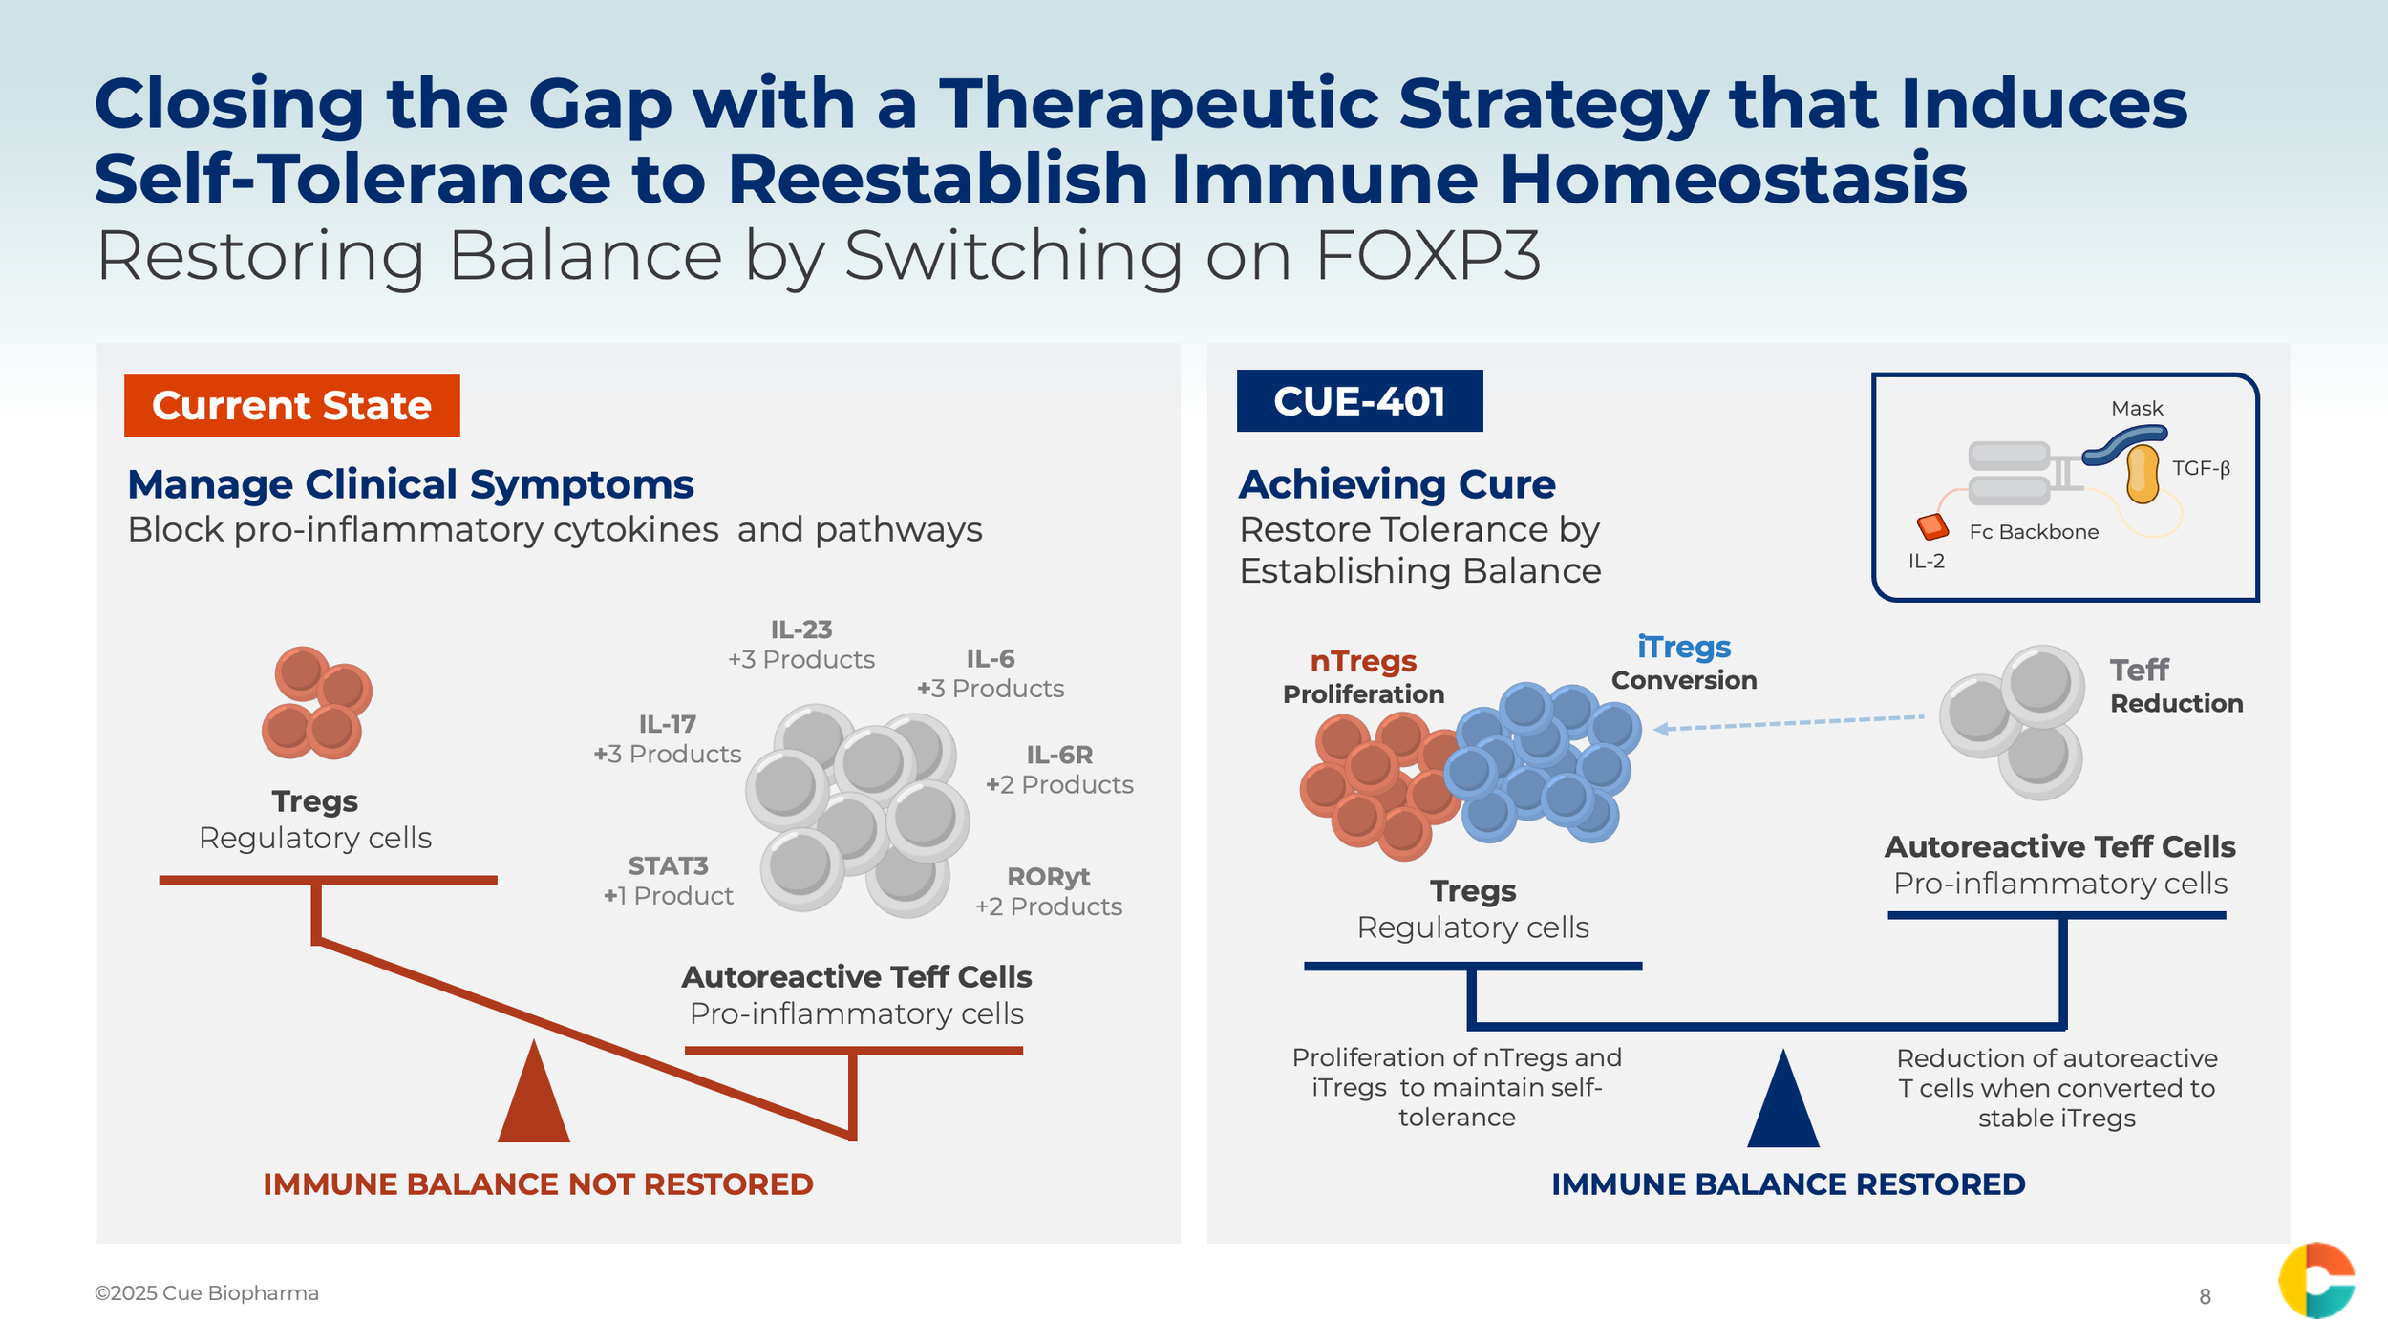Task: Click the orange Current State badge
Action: tap(291, 405)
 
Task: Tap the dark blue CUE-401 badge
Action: tap(1359, 400)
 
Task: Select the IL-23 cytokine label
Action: tap(801, 629)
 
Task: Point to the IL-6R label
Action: tap(1059, 755)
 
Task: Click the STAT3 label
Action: tap(668, 865)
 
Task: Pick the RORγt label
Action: tap(1048, 877)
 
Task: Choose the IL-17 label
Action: tap(668, 724)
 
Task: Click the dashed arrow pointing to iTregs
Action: tap(1788, 723)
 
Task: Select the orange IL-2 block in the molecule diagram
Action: tap(1932, 525)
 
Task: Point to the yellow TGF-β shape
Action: tap(2143, 474)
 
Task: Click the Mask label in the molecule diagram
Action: tap(2137, 408)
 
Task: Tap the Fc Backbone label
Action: tap(2034, 532)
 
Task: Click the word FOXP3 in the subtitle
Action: tap(1428, 256)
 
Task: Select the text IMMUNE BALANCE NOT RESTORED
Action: tap(538, 1184)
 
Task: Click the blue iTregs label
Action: tap(1684, 647)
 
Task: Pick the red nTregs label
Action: tap(1363, 661)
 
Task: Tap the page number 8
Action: tap(2205, 1296)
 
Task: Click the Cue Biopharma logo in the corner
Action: tap(2316, 1280)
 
